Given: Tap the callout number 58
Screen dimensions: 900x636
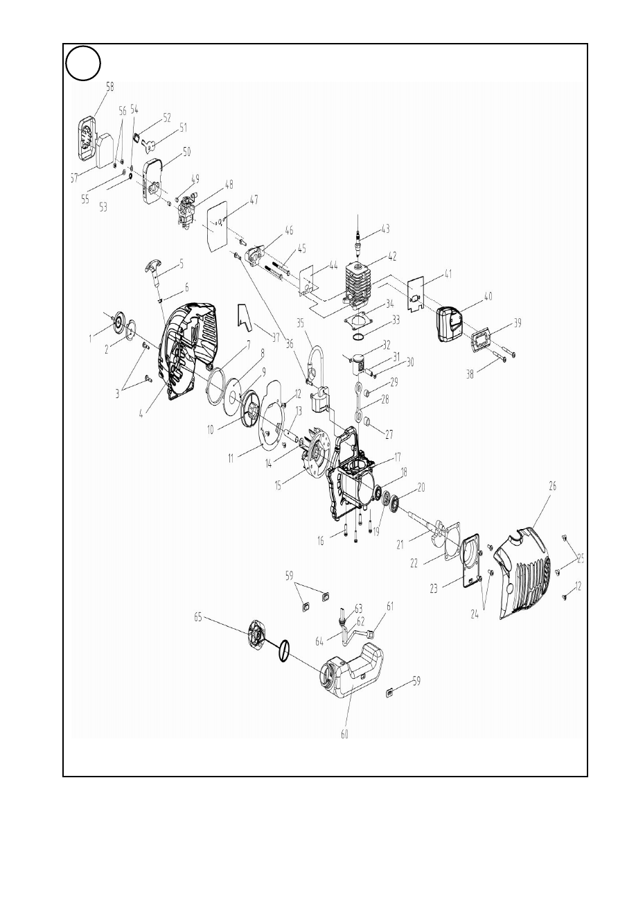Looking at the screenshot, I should tap(91, 87).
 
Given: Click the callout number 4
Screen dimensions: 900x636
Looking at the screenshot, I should tap(142, 414).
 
